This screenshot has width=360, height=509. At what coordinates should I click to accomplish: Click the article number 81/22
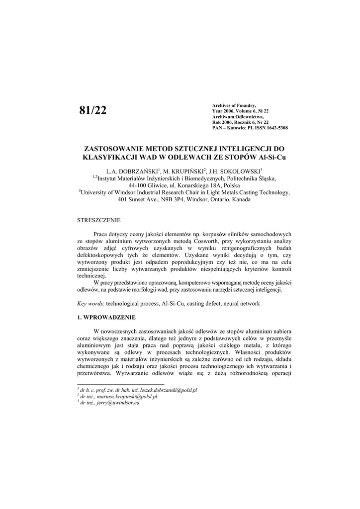93,110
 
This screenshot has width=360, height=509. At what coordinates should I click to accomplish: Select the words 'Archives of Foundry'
234,105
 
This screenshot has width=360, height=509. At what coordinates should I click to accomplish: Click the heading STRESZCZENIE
98,220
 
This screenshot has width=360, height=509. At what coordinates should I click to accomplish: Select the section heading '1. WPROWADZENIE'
106,317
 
